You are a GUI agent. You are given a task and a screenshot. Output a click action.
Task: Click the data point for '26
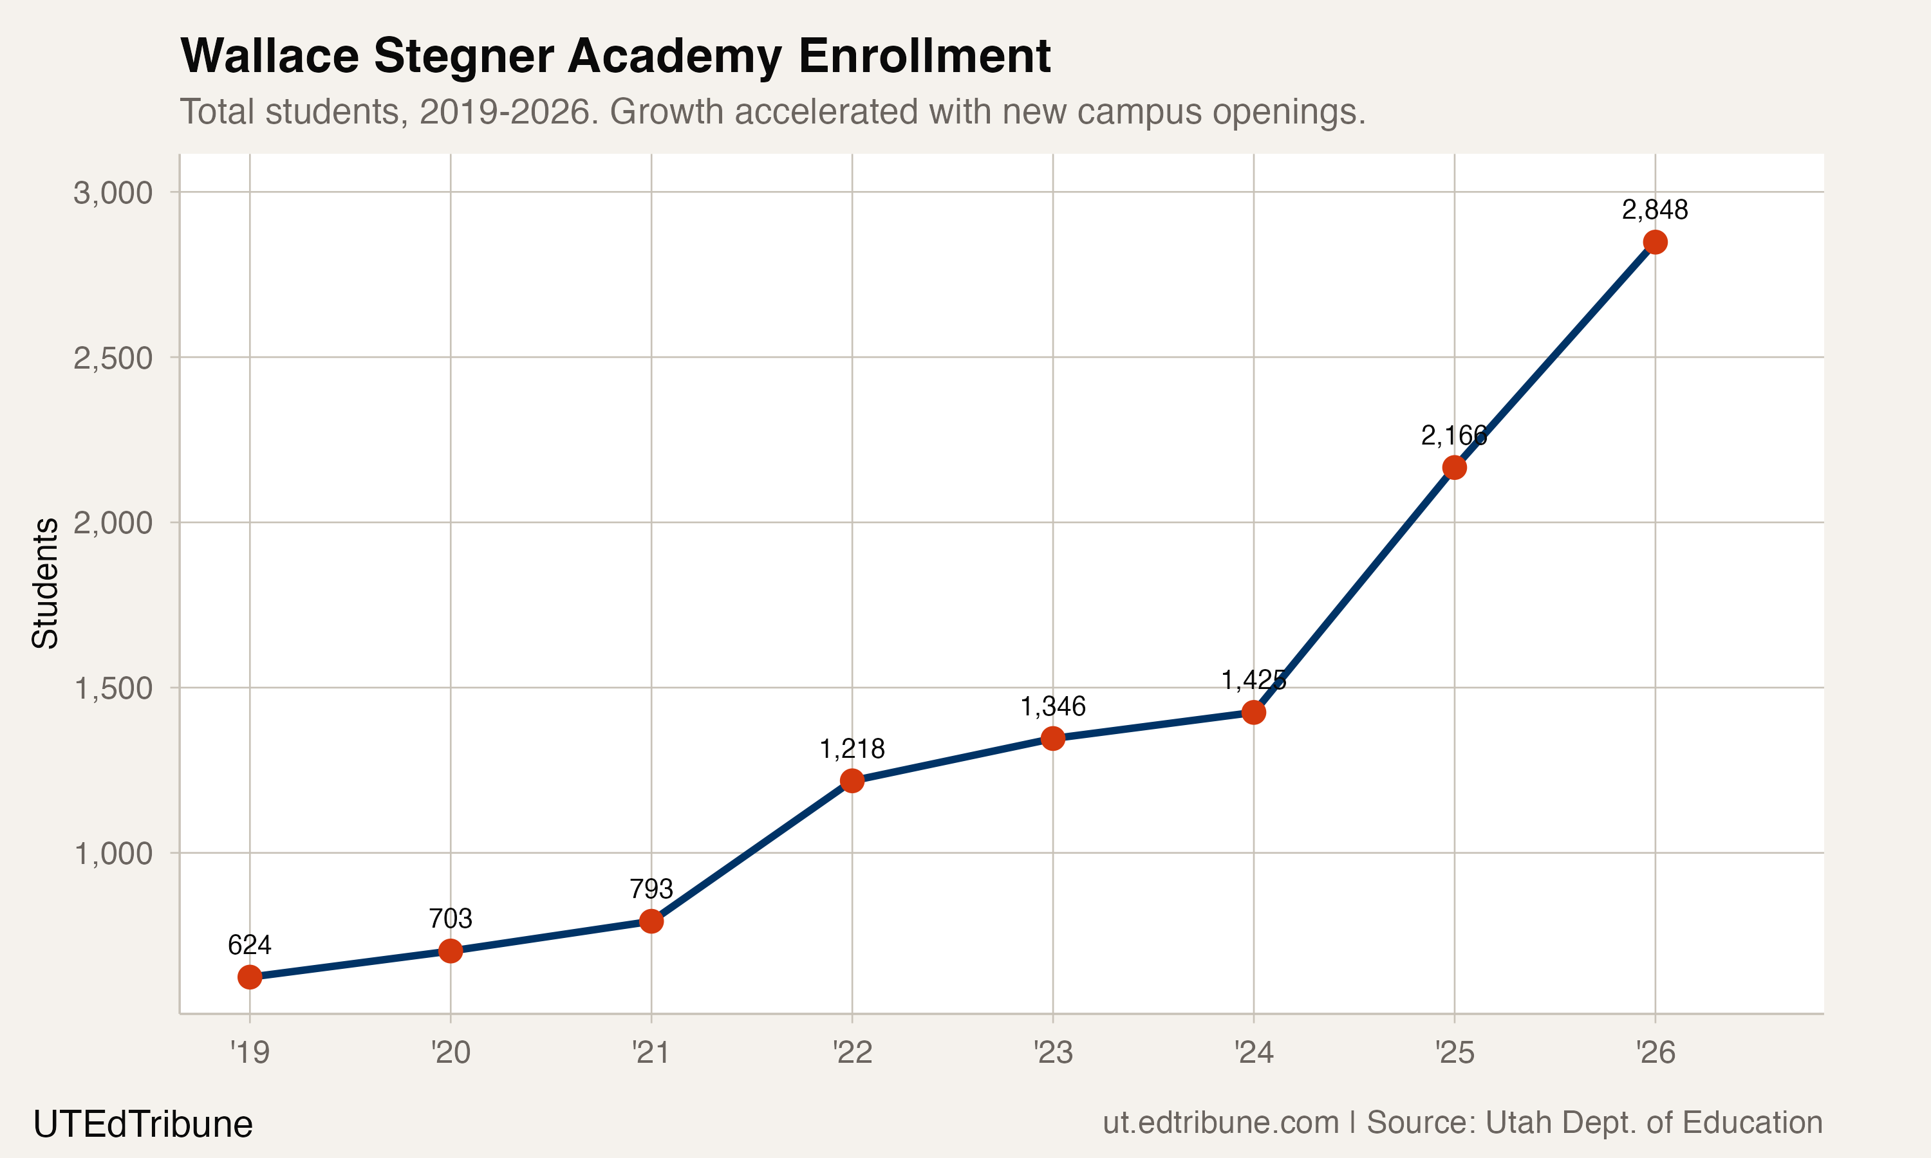coord(1655,243)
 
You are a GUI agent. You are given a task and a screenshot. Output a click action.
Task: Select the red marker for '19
coord(250,977)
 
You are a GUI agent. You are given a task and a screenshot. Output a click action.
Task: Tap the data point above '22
coord(852,780)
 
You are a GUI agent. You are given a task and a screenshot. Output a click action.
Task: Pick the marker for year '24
coord(1253,712)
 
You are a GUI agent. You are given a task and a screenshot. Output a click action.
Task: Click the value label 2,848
coord(1655,210)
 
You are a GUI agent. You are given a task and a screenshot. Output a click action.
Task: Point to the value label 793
coord(651,889)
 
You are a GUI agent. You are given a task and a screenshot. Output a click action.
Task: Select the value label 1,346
coord(1053,706)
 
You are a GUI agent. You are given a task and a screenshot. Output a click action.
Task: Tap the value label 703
coord(451,919)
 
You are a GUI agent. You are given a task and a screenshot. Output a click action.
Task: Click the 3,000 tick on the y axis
coord(113,193)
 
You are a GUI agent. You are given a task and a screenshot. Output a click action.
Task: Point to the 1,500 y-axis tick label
coord(113,688)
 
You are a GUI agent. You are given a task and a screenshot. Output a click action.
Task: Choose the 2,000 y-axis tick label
coord(113,523)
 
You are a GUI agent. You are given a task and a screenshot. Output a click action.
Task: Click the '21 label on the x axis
coord(651,1053)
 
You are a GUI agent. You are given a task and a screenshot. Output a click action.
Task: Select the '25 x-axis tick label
coord(1454,1053)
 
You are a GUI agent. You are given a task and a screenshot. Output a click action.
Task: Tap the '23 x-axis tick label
coord(1053,1053)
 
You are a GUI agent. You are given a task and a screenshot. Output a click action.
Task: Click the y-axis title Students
coord(45,583)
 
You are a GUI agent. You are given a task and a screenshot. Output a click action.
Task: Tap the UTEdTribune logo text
coord(143,1125)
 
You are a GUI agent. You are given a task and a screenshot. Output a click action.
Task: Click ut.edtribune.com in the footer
coord(1220,1123)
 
